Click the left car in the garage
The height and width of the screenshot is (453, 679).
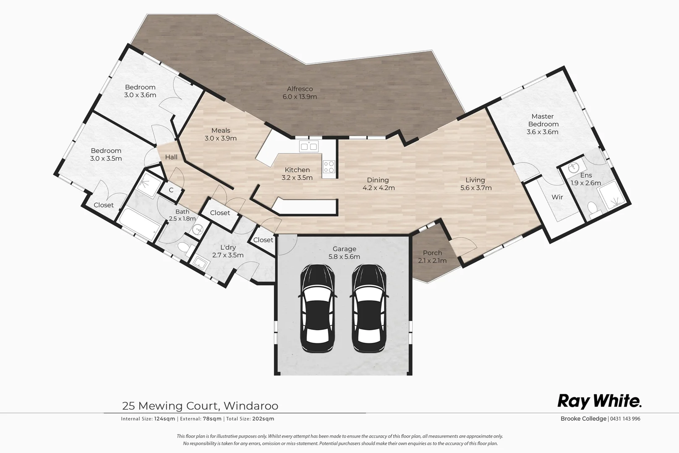click(x=318, y=308)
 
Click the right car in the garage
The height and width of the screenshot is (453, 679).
click(x=369, y=308)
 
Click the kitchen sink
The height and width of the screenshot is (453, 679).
click(x=308, y=146)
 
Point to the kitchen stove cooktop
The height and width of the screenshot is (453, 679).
click(x=329, y=167)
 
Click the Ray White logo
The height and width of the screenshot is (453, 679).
click(x=599, y=401)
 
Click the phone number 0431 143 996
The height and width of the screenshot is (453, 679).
click(x=625, y=419)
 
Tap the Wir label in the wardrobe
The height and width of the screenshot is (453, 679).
click(x=557, y=197)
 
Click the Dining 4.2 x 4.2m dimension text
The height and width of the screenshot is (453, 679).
click(x=379, y=188)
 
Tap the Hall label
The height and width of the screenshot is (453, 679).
click(x=171, y=157)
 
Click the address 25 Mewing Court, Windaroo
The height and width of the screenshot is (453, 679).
click(x=200, y=406)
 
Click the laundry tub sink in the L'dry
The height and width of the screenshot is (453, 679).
click(x=201, y=263)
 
